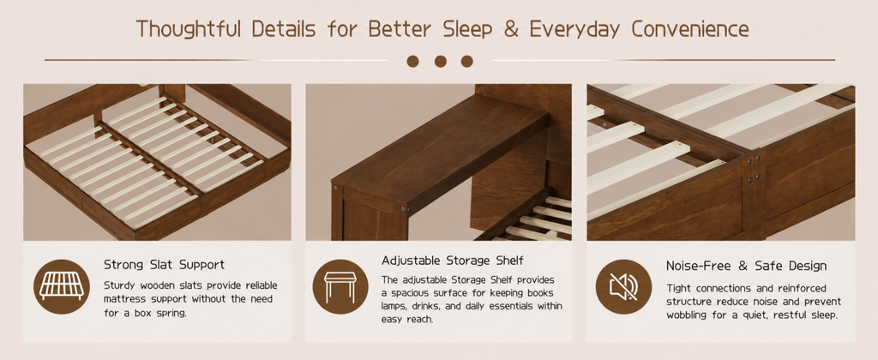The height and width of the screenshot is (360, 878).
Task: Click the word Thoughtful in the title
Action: (x=189, y=29)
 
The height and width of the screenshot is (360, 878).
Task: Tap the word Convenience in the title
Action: (x=690, y=29)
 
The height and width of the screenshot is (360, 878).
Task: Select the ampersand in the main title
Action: (x=510, y=29)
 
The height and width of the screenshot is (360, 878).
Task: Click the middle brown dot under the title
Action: (x=440, y=62)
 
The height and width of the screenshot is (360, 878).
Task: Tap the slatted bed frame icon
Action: (x=62, y=286)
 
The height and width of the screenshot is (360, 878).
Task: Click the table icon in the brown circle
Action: (x=340, y=286)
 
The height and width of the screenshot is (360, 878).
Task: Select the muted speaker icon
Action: (x=623, y=286)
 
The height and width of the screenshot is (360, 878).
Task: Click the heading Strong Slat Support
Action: (x=164, y=265)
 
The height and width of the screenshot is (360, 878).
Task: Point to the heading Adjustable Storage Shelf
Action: (x=453, y=261)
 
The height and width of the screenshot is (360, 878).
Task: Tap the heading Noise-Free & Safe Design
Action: (x=747, y=266)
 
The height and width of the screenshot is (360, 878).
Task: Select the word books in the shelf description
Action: (x=540, y=293)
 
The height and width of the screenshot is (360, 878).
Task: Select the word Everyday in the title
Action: (x=574, y=29)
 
